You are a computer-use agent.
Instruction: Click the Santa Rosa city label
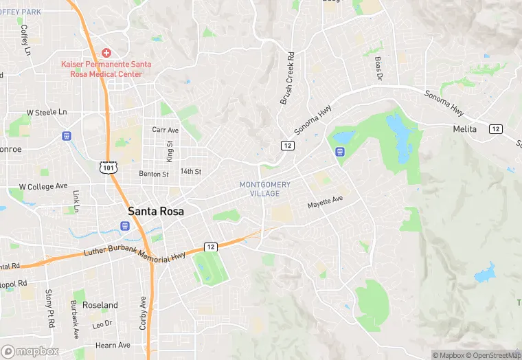tap(156, 212)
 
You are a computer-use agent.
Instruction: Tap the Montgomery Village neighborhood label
tap(265, 189)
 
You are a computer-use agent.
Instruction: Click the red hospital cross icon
tap(106, 53)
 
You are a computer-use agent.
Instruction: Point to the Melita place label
tap(464, 128)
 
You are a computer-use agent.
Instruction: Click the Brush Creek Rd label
tap(286, 78)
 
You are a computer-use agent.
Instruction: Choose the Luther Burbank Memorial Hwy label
tap(135, 252)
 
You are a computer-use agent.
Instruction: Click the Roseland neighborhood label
tap(100, 304)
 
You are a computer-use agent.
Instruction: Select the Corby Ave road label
tap(144, 313)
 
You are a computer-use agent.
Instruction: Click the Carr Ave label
tap(165, 130)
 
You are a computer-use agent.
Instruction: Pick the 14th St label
tap(190, 171)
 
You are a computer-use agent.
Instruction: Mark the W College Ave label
tap(43, 186)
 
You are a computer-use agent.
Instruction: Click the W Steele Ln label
tap(47, 111)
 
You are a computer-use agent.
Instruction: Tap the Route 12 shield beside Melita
tap(495, 129)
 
